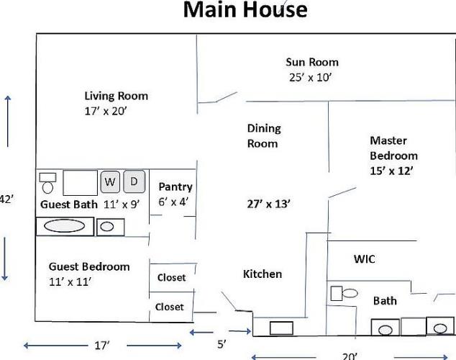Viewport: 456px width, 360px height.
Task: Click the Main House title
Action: point(245,9)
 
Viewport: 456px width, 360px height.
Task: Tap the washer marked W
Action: point(110,182)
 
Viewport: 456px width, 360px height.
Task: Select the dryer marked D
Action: point(134,181)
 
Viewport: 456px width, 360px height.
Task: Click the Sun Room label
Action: point(312,62)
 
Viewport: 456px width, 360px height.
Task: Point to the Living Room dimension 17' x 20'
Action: point(106,111)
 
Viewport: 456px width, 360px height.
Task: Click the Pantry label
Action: point(175,187)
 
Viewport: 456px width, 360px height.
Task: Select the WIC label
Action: point(365,259)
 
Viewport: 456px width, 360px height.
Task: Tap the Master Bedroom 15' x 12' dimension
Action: point(391,171)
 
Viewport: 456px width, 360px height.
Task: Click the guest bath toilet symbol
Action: point(47,183)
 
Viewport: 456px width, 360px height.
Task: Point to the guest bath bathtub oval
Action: point(64,226)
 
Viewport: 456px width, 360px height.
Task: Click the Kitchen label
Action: point(263,274)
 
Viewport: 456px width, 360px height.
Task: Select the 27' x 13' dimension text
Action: point(268,204)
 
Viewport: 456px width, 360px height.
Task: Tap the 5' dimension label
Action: point(222,344)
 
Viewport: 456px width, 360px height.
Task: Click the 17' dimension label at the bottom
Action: point(102,346)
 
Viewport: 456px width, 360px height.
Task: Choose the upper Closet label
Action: point(171,278)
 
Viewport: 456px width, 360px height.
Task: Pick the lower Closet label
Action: point(169,307)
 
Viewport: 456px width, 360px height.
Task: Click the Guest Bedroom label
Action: point(89,267)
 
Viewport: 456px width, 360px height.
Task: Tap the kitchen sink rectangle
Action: point(281,328)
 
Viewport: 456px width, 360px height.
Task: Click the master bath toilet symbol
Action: point(345,293)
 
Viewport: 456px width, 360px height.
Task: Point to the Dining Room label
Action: point(264,136)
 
